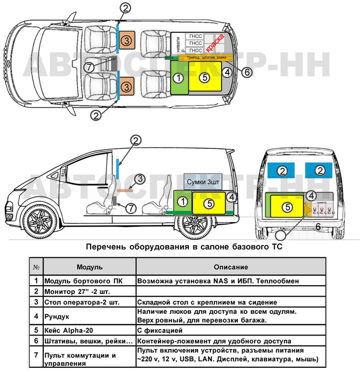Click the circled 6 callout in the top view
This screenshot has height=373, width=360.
tap(247, 72)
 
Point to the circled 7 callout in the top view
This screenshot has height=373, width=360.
tap(88, 67)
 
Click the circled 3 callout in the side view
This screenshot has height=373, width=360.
tap(138, 178)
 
